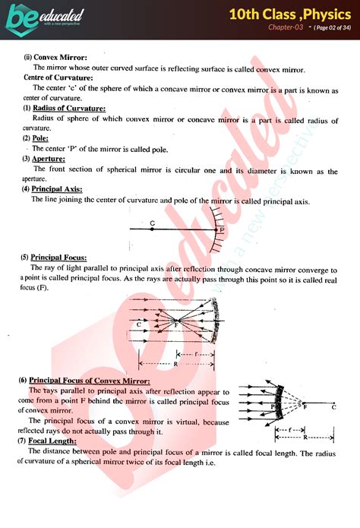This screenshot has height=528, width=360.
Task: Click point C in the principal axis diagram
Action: (x=153, y=223)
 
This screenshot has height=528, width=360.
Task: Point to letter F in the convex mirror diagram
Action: (x=305, y=407)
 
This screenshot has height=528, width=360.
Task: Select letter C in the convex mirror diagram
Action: (x=333, y=407)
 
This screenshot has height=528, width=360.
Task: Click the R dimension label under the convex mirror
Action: (x=305, y=438)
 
